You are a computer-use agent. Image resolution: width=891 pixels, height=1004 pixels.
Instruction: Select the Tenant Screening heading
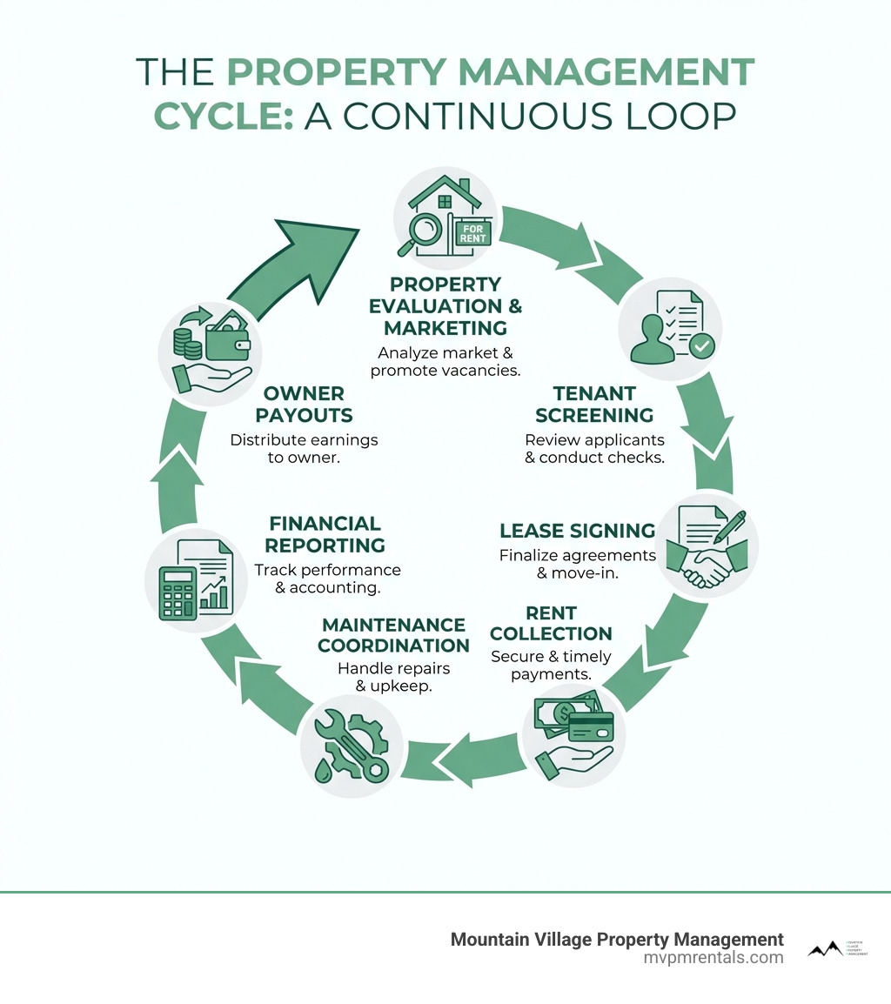[x=592, y=405]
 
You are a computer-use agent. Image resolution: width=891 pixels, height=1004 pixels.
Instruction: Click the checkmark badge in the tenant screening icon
[x=700, y=345]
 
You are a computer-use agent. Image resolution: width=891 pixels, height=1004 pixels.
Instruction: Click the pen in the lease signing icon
[x=730, y=528]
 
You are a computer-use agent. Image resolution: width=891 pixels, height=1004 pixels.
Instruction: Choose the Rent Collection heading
[x=551, y=623]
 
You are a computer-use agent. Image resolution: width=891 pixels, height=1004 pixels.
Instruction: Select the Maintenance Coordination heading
[x=393, y=635]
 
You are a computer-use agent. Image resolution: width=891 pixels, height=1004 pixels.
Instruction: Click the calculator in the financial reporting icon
[x=178, y=593]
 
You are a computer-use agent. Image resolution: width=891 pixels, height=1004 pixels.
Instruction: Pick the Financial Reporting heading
[x=325, y=534]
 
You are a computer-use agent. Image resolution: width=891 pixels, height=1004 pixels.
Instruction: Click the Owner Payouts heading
[x=304, y=405]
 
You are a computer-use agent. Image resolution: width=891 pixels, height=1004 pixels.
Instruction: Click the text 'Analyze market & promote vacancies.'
[x=445, y=362]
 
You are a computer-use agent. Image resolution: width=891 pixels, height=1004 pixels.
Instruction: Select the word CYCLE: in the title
[x=223, y=117]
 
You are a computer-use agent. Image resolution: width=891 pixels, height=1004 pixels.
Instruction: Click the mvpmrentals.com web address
[x=713, y=958]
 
